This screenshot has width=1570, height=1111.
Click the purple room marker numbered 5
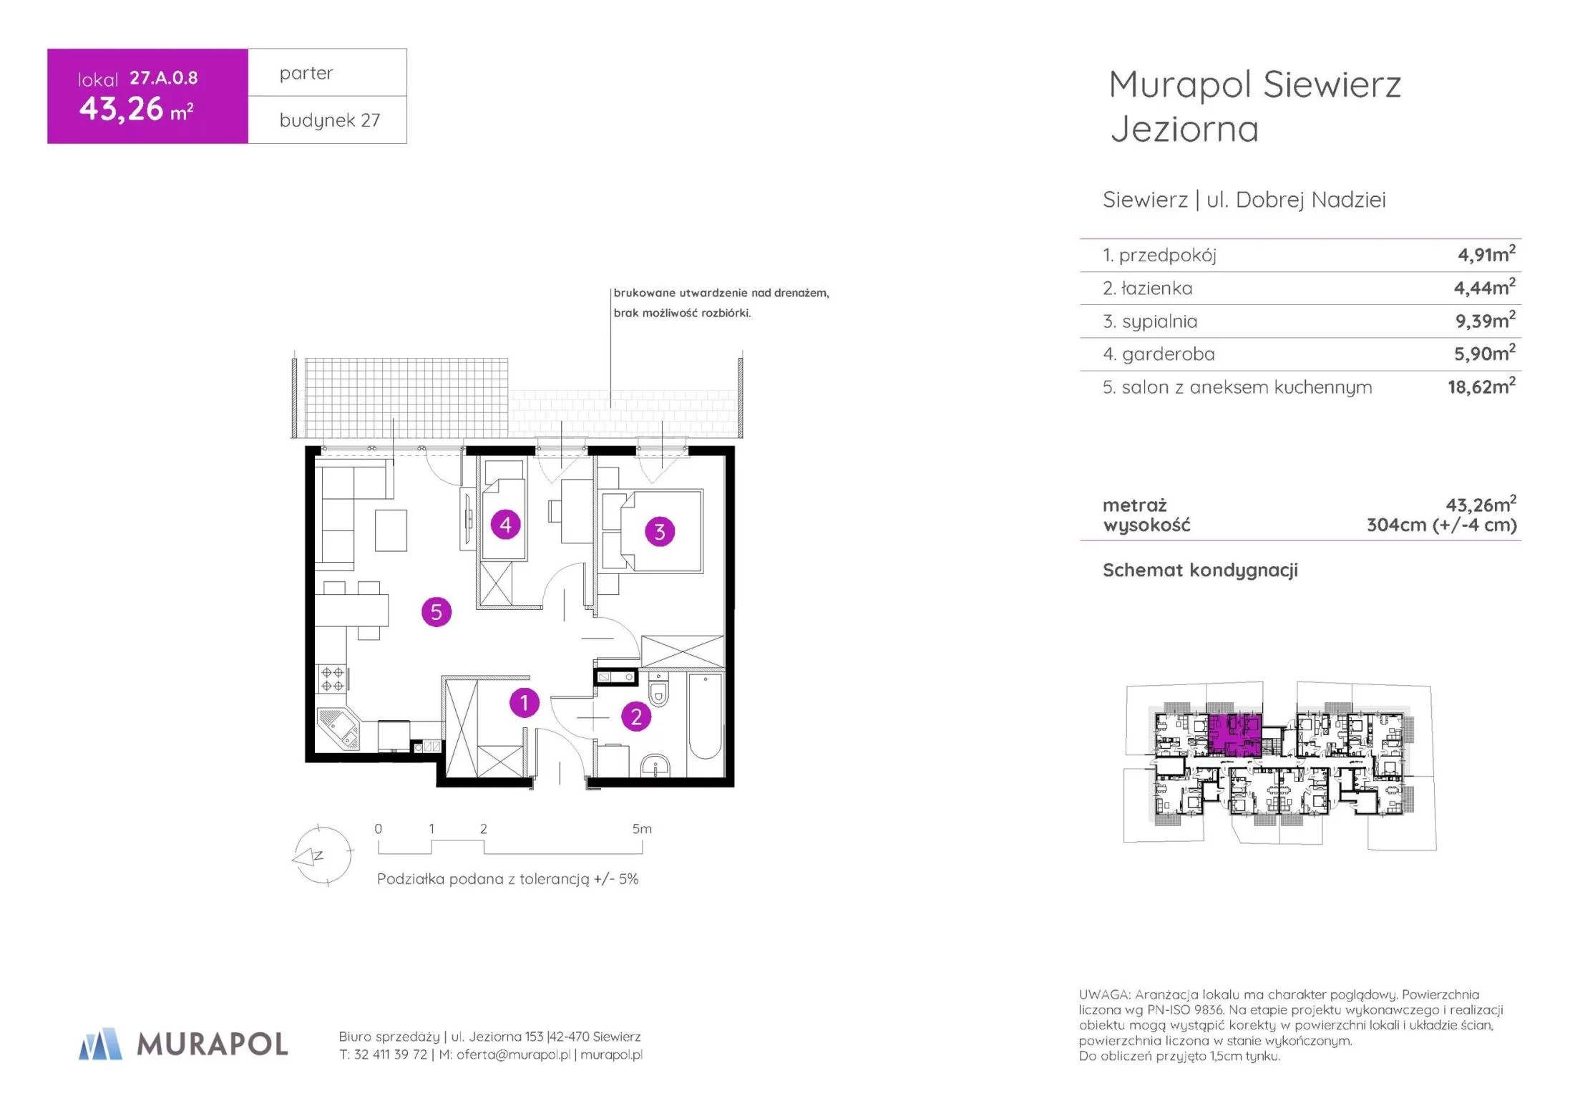[x=437, y=612]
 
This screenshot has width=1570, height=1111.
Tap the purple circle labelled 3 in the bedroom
[x=660, y=532]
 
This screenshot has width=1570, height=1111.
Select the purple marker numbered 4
[x=505, y=525]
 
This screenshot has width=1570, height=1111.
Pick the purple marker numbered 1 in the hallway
[x=525, y=703]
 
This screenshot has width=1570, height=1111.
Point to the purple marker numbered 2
[x=636, y=717]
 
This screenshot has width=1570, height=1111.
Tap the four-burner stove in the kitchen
[x=331, y=679]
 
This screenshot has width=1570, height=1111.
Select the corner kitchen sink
[x=339, y=729]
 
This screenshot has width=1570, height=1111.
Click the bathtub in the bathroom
[x=705, y=715]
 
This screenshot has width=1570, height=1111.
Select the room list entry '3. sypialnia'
[x=1150, y=321]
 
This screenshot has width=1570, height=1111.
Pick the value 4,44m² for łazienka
[x=1484, y=287]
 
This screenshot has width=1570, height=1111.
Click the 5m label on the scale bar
[x=642, y=829]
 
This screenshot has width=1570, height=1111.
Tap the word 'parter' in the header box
[x=306, y=74]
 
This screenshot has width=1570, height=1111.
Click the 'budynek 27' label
[x=330, y=120]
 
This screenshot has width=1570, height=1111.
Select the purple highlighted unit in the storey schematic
[x=1234, y=735]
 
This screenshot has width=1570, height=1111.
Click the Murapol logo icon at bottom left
[x=100, y=1044]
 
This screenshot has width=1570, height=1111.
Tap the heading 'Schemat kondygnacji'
[x=1200, y=571]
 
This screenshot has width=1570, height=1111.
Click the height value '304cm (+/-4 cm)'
[x=1441, y=525]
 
